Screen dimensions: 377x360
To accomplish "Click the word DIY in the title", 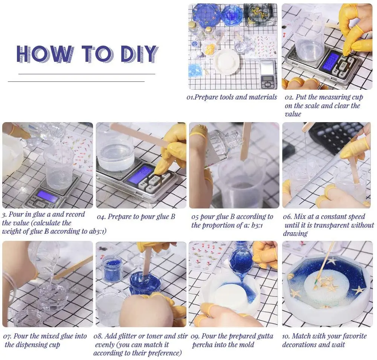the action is pos(139,54).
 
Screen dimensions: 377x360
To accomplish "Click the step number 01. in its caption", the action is pos(191,98).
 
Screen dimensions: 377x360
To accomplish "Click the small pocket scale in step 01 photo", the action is pos(268,74).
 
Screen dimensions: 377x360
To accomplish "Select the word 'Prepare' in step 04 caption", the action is pos(119,217).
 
